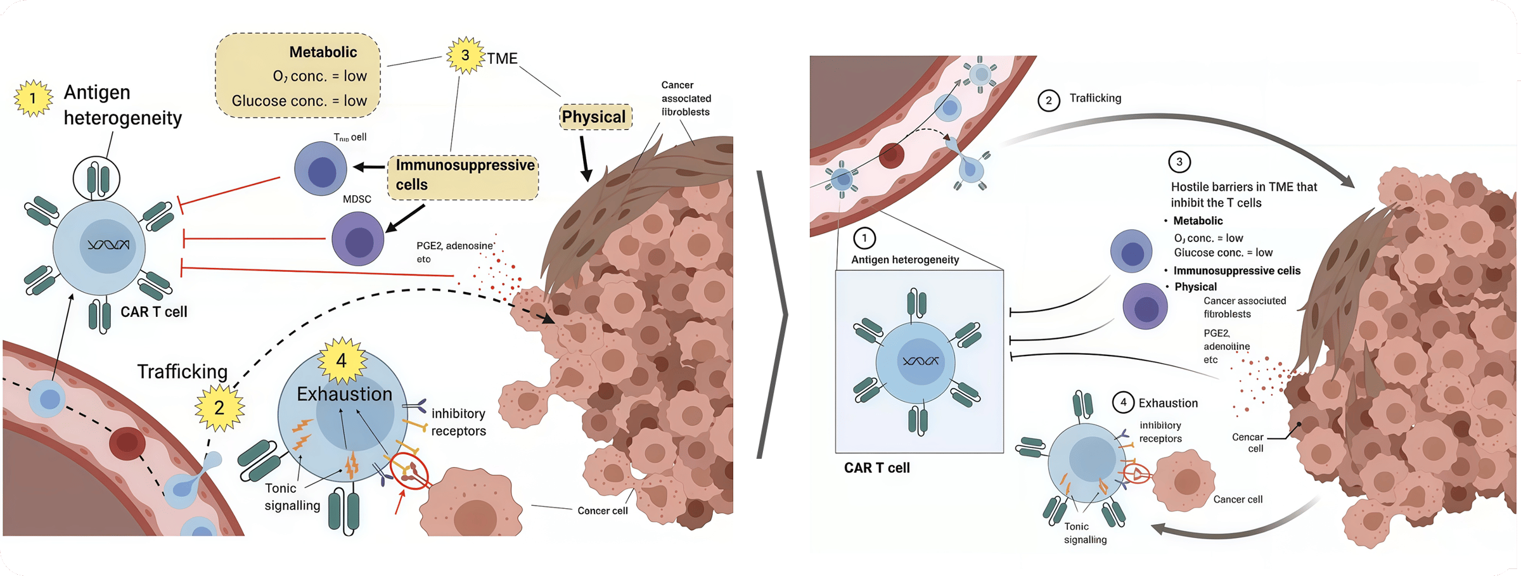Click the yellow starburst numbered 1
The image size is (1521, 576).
click(x=33, y=98)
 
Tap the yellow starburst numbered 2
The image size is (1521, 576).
click(x=219, y=407)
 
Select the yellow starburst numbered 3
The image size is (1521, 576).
click(x=465, y=56)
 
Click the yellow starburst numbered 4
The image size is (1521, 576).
click(x=342, y=360)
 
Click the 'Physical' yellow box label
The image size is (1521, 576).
click(x=594, y=117)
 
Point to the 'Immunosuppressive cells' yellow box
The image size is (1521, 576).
click(x=463, y=175)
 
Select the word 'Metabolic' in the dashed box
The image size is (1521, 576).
click(x=323, y=52)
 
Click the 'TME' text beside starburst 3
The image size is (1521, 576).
click(x=503, y=58)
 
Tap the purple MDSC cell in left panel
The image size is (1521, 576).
click(x=358, y=238)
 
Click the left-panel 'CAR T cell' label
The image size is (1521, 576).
click(x=154, y=312)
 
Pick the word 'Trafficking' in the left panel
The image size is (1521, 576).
click(x=183, y=371)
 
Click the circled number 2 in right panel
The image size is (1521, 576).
click(x=1049, y=100)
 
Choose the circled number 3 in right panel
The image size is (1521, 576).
click(x=1179, y=162)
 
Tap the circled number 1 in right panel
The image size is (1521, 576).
click(x=864, y=238)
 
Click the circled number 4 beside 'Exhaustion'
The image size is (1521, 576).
click(x=1123, y=402)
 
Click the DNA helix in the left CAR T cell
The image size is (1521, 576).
click(x=108, y=245)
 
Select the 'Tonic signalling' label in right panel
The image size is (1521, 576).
click(x=1085, y=533)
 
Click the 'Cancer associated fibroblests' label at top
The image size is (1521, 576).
click(x=686, y=98)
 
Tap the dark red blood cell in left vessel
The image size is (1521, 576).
click(x=127, y=443)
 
